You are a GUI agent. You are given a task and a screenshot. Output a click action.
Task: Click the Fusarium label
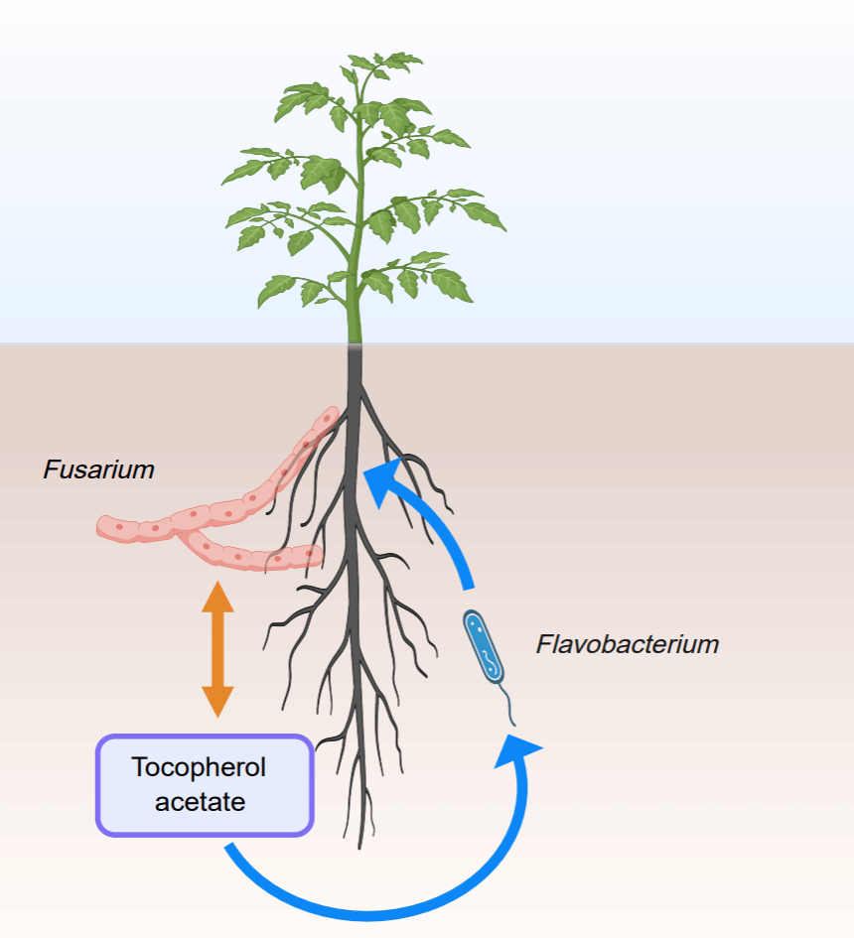click(x=98, y=469)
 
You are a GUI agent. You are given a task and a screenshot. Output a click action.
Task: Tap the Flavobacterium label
click(x=627, y=644)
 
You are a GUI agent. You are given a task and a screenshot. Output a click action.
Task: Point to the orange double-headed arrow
click(x=217, y=650)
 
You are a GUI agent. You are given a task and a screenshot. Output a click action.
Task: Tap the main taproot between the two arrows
click(x=352, y=615)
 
